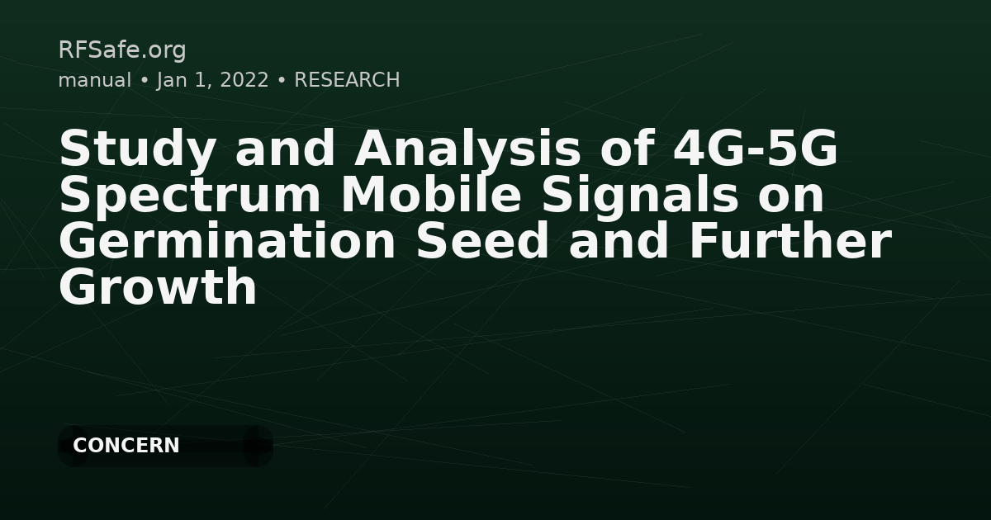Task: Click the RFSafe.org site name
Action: coord(122,50)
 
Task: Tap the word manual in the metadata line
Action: coord(94,80)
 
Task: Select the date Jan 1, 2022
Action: coord(212,80)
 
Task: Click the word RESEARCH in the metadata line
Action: coord(347,80)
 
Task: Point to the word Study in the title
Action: coord(139,150)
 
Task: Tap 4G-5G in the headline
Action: coord(756,150)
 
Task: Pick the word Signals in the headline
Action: coord(637,196)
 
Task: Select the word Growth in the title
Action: coord(158,289)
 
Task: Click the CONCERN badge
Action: coord(126,446)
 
